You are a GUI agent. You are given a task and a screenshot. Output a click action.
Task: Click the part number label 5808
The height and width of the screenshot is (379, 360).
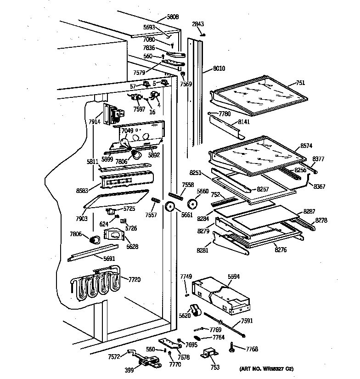173,17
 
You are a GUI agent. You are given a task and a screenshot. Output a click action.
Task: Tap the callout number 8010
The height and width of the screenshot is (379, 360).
219,69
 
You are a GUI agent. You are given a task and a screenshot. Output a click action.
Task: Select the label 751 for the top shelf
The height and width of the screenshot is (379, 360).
300,83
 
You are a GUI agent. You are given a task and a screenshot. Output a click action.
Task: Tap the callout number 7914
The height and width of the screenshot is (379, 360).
95,122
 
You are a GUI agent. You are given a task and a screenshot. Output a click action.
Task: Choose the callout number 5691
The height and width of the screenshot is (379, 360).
109,259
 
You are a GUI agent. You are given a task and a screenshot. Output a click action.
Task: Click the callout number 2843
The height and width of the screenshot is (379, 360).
198,25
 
